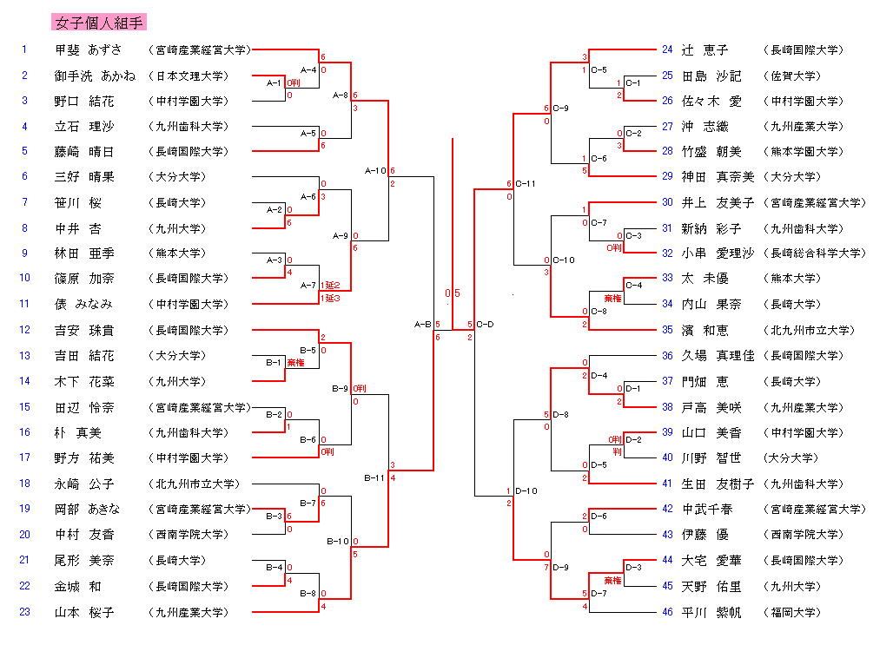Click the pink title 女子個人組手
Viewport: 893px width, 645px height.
pyautogui.click(x=99, y=23)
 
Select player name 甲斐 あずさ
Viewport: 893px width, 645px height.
pyautogui.click(x=89, y=49)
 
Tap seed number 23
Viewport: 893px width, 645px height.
pyautogui.click(x=25, y=611)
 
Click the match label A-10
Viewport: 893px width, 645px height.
pyautogui.click(x=374, y=171)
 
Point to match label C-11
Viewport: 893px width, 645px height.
pyautogui.click(x=526, y=184)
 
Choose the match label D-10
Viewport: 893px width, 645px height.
pyautogui.click(x=526, y=491)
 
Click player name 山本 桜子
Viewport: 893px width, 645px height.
pyautogui.click(x=84, y=612)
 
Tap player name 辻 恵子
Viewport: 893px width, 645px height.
pyautogui.click(x=704, y=50)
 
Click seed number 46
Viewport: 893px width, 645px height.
pyautogui.click(x=667, y=612)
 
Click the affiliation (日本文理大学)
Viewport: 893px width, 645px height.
pyautogui.click(x=189, y=76)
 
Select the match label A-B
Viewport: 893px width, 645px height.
pyautogui.click(x=423, y=325)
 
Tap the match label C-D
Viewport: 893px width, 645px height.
pyautogui.click(x=485, y=325)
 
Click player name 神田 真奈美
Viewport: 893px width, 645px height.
pyautogui.click(x=717, y=177)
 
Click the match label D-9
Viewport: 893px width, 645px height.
pyautogui.click(x=561, y=568)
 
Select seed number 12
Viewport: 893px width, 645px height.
pyautogui.click(x=25, y=330)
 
